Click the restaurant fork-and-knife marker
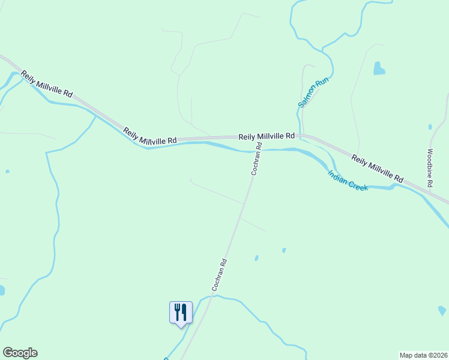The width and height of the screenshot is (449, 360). tap(181, 312)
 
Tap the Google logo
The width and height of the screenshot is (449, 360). tap(20, 353)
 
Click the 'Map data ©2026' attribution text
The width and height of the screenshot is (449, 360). tap(423, 355)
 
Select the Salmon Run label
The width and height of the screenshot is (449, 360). tap(314, 92)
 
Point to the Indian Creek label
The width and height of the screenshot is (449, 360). tap(348, 180)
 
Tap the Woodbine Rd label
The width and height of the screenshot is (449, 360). tap(430, 169)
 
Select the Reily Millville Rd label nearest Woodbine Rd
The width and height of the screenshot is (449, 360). tap(378, 168)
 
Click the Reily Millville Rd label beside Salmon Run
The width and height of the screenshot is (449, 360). tap(267, 136)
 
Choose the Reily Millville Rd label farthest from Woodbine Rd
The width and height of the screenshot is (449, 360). tap(47, 85)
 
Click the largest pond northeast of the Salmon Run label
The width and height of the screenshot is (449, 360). tap(379, 68)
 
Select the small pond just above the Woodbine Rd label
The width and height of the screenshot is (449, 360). tap(430, 127)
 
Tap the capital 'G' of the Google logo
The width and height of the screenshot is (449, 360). tap(8, 353)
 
